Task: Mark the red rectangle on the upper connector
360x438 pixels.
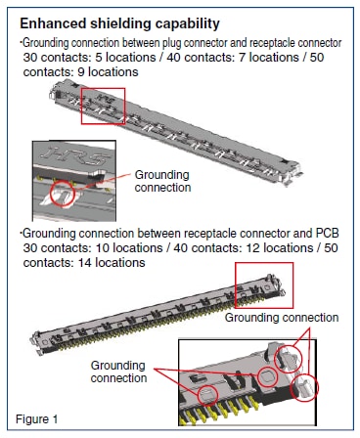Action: [103, 109]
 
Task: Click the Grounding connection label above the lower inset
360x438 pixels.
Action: [282, 319]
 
